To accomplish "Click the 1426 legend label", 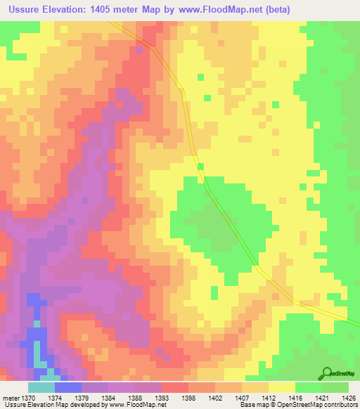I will coord(347,398).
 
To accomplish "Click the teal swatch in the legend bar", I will coord(41,387).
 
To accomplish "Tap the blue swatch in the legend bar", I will coord(67,387).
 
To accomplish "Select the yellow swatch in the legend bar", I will coord(281,387).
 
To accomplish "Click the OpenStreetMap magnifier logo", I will coord(327,372).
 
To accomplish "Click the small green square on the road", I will coord(201,167).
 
